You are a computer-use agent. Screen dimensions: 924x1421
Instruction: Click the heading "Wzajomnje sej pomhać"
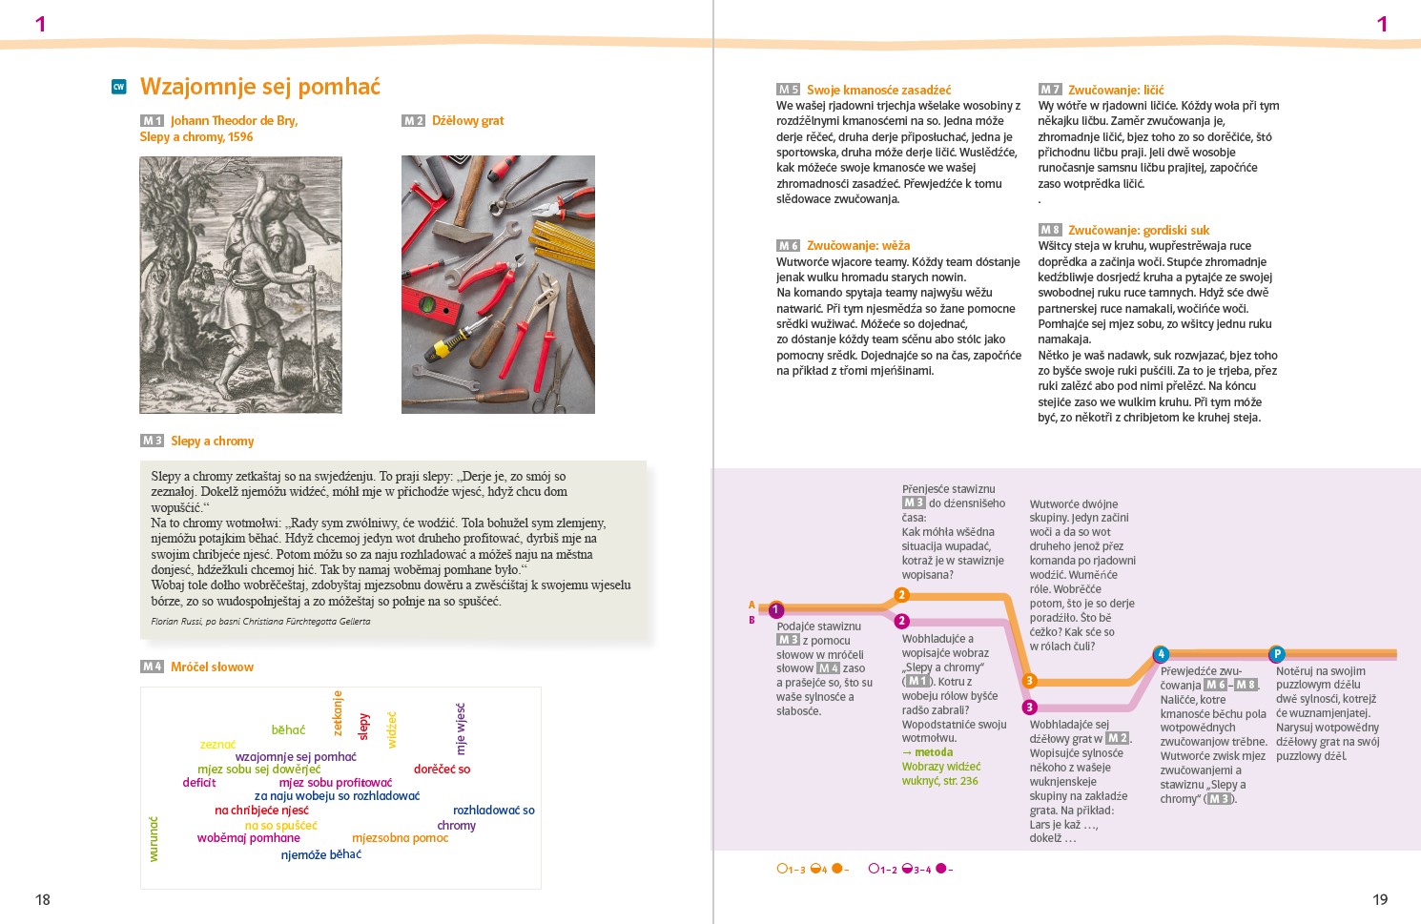pos(259,87)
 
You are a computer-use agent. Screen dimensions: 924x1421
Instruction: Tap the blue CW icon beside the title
pos(119,87)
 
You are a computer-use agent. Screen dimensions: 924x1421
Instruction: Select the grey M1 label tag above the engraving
pos(153,121)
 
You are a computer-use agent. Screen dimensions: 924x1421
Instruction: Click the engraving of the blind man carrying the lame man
pos(240,284)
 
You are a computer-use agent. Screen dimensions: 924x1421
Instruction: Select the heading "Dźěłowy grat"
pos(467,121)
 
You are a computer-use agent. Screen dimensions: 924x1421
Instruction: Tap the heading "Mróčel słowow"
pos(212,667)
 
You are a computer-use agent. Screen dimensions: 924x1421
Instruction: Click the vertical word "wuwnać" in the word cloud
pos(154,839)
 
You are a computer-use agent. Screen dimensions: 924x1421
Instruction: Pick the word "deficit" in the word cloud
pos(199,783)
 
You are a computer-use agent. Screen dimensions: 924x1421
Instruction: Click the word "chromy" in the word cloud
pos(456,826)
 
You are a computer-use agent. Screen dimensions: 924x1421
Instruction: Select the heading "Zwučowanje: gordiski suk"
pos(1138,230)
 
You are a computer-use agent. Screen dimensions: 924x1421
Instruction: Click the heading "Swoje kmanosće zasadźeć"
pos(878,90)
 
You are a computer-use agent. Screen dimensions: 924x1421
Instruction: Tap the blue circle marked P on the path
pos(1277,654)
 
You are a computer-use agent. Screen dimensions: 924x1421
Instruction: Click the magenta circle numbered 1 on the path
pos(776,610)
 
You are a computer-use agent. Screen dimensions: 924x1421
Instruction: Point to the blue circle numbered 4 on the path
pos(1161,654)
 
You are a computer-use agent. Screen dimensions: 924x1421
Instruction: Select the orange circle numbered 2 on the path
pos(901,596)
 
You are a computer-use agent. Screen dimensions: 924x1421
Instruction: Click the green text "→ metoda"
pos(927,752)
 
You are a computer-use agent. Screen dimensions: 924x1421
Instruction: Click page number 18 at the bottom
pos(43,899)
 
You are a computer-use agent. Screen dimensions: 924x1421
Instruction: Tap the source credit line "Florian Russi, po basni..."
pos(260,622)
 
